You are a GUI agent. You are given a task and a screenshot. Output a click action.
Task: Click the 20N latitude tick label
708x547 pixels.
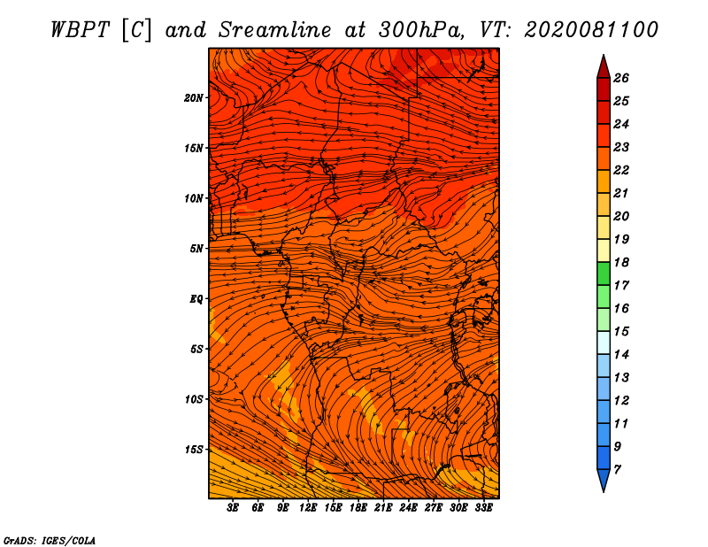(x=194, y=97)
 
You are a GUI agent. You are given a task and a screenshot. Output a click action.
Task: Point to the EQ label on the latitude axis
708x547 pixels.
(x=196, y=298)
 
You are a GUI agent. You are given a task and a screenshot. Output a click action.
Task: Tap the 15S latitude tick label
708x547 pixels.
(x=194, y=449)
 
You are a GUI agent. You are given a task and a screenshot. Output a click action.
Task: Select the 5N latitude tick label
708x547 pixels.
(x=196, y=248)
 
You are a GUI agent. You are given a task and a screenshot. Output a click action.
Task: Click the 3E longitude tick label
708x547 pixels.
(x=234, y=508)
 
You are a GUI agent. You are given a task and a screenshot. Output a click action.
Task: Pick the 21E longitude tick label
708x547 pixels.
(x=383, y=508)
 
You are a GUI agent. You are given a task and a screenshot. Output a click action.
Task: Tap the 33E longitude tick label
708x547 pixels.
(x=483, y=508)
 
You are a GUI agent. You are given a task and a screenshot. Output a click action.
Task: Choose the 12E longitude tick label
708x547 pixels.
(x=308, y=508)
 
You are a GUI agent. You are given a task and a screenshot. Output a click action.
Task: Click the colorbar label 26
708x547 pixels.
(x=620, y=78)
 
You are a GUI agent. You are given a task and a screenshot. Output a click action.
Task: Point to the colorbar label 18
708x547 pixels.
(x=620, y=262)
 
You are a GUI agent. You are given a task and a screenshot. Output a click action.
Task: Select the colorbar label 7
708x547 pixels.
(x=617, y=469)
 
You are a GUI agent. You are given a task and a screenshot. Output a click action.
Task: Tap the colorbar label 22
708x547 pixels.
(x=620, y=170)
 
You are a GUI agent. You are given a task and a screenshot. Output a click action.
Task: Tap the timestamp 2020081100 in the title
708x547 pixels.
(x=591, y=29)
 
